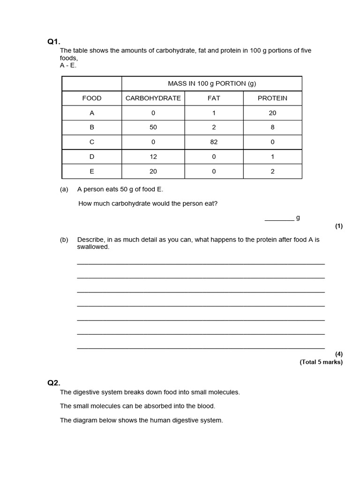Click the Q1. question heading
coord(54,42)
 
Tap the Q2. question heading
coord(54,382)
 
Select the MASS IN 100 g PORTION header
coord(212,83)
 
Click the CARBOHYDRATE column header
coord(153,98)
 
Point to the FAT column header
coord(214,98)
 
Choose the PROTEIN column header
coord(272,98)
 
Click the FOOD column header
coord(92,98)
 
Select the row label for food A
coord(92,113)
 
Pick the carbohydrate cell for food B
coord(153,127)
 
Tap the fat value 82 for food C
coord(214,142)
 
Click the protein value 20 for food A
coord(272,113)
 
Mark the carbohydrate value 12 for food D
coord(153,157)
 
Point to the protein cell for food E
coord(272,172)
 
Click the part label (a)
coord(64,189)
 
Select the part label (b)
coord(64,240)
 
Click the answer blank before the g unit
coord(279,218)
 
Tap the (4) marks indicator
coord(338,354)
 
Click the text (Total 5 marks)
coord(321,362)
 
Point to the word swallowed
coord(93,247)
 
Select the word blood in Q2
coord(207,406)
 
